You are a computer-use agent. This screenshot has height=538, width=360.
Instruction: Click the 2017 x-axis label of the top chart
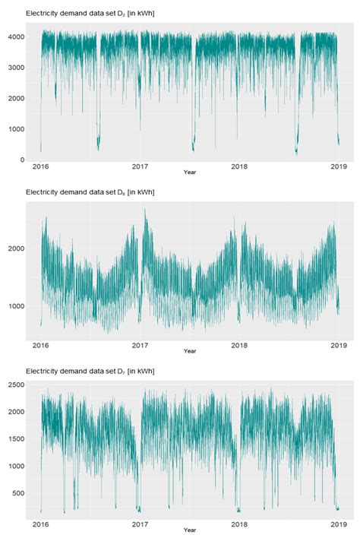click(140, 166)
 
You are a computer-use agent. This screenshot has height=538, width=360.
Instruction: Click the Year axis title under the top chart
click(190, 173)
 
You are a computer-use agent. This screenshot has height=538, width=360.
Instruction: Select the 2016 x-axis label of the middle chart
click(41, 344)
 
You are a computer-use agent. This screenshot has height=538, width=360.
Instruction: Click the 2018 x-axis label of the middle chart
click(239, 344)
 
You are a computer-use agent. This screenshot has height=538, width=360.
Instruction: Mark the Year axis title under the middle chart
click(190, 351)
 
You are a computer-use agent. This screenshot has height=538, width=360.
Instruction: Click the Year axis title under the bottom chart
click(190, 530)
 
